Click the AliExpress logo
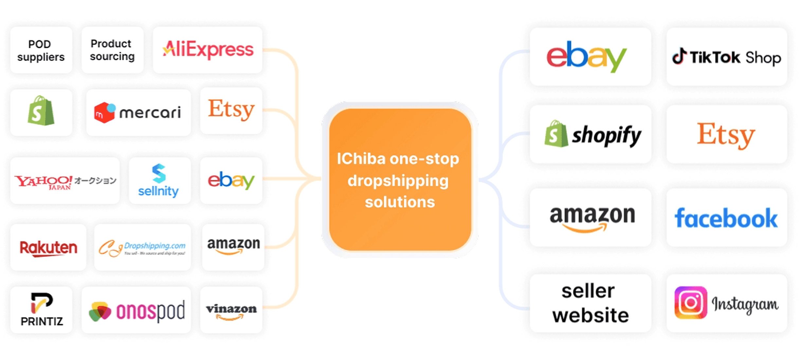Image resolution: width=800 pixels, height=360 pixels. click(x=208, y=50)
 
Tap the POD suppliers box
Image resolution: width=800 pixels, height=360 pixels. click(x=41, y=50)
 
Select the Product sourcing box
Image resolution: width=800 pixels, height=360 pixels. click(x=112, y=50)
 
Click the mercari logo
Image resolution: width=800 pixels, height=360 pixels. click(x=138, y=113)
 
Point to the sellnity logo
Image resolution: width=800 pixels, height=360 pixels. click(x=159, y=181)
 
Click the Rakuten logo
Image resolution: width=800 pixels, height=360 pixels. click(x=48, y=248)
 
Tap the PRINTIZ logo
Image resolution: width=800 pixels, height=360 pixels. click(x=42, y=310)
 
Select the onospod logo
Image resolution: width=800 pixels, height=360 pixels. click(x=136, y=311)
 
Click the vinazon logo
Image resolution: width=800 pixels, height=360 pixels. click(x=231, y=311)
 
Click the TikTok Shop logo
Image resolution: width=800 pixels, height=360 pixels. click(x=726, y=57)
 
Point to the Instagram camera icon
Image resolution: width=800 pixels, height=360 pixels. click(x=691, y=303)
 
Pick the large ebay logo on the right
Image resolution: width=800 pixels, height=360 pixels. click(x=587, y=57)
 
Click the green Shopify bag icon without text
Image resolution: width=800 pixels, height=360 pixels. click(x=41, y=111)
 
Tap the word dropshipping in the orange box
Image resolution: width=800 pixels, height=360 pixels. click(x=398, y=181)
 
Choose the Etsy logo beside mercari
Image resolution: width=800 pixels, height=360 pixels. click(x=231, y=110)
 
